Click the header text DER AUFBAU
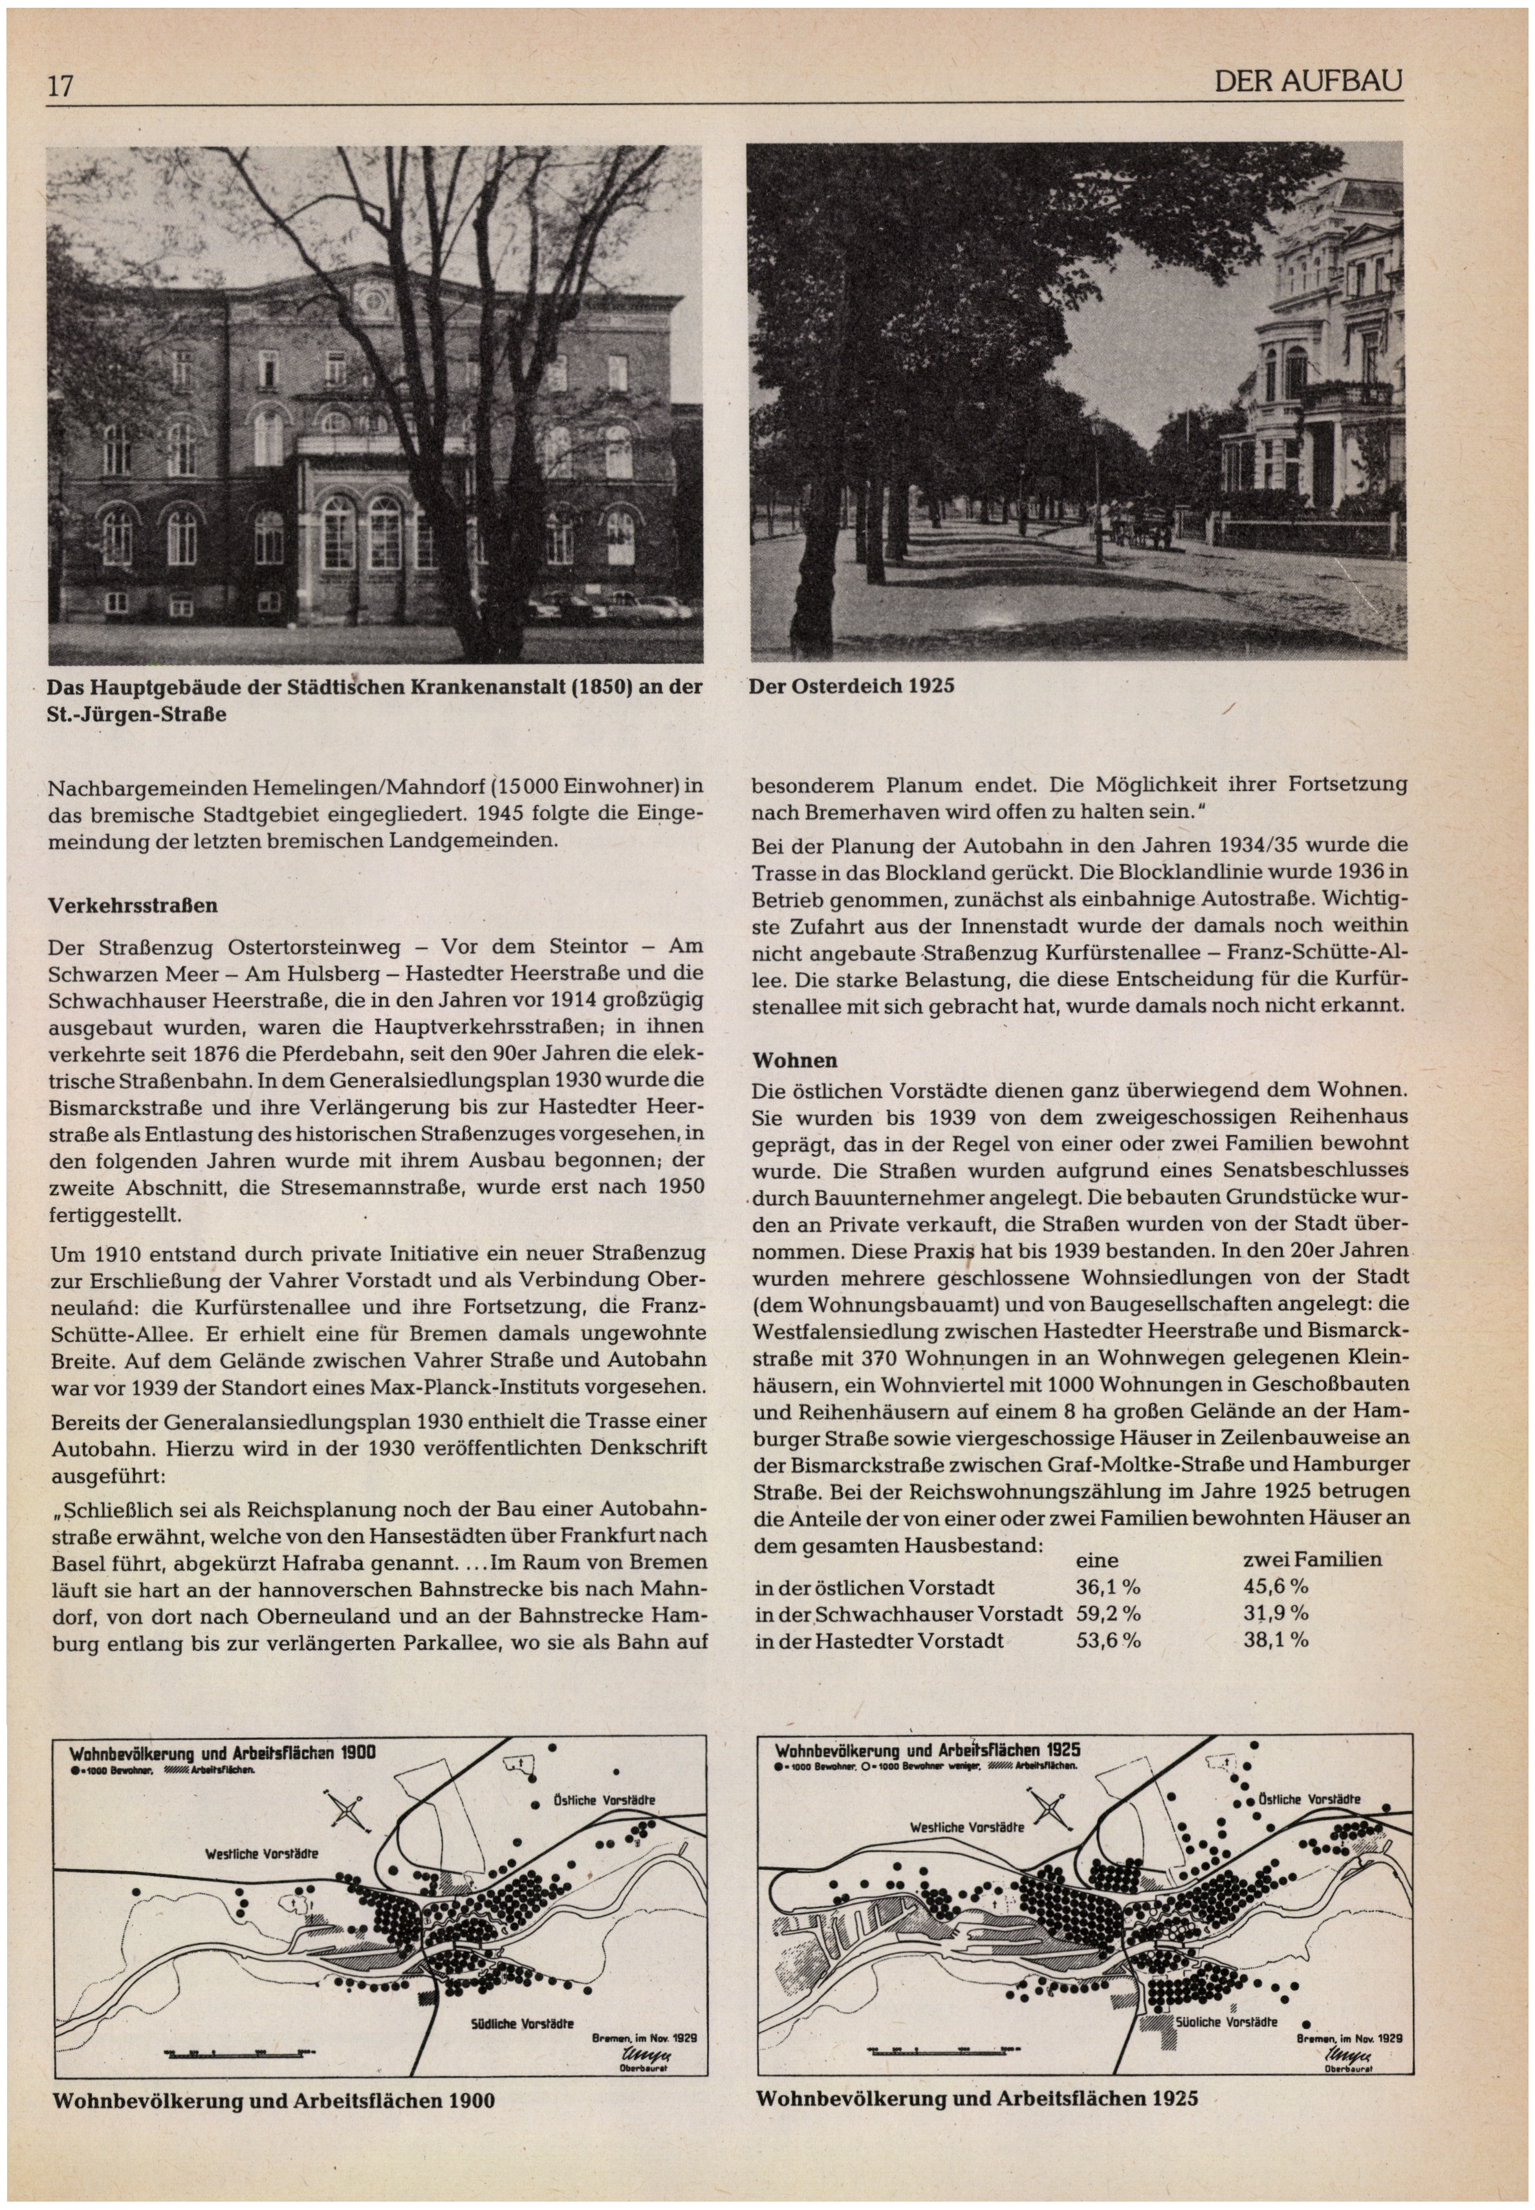(1308, 83)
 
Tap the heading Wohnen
(794, 1061)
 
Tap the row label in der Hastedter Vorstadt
(879, 1641)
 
